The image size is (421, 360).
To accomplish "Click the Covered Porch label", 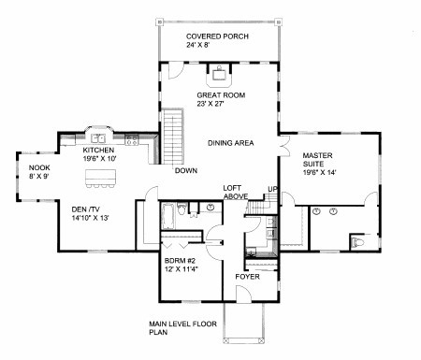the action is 217,40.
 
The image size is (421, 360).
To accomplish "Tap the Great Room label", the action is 221,99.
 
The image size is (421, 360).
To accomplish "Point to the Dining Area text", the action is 231,143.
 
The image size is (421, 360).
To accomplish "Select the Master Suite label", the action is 319,164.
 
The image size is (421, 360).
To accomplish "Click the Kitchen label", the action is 99,154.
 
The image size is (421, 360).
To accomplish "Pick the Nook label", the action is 39,172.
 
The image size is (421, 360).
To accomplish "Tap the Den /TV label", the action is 90,213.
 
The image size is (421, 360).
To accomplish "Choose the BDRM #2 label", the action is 181,265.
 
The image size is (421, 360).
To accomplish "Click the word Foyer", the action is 247,277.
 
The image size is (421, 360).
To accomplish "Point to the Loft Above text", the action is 236,192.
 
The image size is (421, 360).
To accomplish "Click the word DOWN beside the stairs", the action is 186,170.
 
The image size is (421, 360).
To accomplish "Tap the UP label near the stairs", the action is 272,189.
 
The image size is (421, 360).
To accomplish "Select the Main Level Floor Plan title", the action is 182,328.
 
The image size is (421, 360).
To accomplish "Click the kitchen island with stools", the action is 100,179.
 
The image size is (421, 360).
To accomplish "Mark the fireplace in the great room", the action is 219,76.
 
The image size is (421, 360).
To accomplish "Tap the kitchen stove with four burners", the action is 131,139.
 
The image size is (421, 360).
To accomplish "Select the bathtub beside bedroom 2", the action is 167,216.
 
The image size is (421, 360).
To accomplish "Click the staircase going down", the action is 173,137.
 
